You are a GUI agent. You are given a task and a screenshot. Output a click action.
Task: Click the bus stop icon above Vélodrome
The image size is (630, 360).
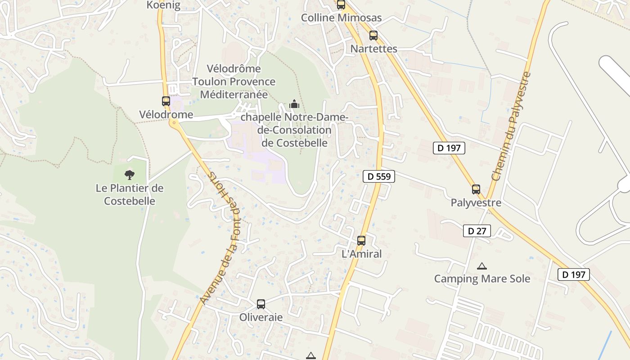tap(166, 101)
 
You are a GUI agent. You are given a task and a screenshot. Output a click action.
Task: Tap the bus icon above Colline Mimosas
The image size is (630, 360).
tap(341, 5)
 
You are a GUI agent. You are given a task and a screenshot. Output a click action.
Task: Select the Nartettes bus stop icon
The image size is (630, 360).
tap(373, 36)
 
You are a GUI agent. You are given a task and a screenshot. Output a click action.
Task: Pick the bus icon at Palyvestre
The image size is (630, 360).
tap(476, 189)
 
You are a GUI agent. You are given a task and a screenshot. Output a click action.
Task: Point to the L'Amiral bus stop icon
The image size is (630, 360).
tap(361, 241)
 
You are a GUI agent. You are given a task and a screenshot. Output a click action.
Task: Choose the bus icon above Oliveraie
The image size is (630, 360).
tap(261, 304)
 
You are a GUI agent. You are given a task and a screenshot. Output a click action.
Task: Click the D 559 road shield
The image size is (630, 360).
tap(379, 176)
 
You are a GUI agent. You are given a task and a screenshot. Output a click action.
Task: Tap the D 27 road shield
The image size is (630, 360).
tap(477, 231)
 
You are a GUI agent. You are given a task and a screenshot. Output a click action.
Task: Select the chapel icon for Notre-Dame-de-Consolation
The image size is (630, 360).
tap(294, 104)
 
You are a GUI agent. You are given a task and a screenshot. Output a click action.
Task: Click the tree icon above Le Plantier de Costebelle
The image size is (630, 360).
tap(130, 175)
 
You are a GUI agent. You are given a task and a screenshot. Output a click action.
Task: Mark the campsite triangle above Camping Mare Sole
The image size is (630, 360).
tap(482, 266)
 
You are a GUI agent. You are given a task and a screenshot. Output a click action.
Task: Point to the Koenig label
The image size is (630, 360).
tap(163, 5)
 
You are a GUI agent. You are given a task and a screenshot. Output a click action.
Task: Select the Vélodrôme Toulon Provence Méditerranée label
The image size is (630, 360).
tap(234, 81)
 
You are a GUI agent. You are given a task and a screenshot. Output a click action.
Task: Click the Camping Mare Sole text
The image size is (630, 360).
tap(482, 279)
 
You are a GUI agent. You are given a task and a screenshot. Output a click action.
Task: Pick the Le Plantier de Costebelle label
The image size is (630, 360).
tap(130, 194)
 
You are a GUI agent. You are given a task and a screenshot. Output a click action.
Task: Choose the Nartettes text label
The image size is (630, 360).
tap(374, 49)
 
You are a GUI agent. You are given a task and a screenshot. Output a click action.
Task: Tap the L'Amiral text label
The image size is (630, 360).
tap(362, 254)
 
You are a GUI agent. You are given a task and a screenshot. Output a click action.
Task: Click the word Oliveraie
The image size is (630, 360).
tap(261, 317)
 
